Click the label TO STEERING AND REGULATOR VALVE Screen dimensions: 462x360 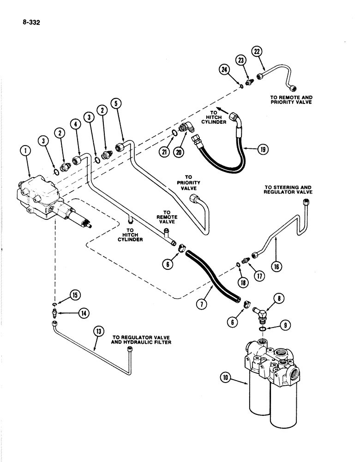tap(288, 189)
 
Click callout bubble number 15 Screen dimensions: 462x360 tap(74, 294)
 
